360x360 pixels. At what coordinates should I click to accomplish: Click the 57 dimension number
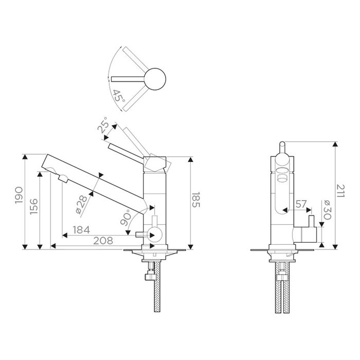301,204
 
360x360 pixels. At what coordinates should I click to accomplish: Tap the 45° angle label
118,96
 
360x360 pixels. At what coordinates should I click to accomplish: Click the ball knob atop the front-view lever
282,145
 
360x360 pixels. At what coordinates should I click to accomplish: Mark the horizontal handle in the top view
129,78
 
